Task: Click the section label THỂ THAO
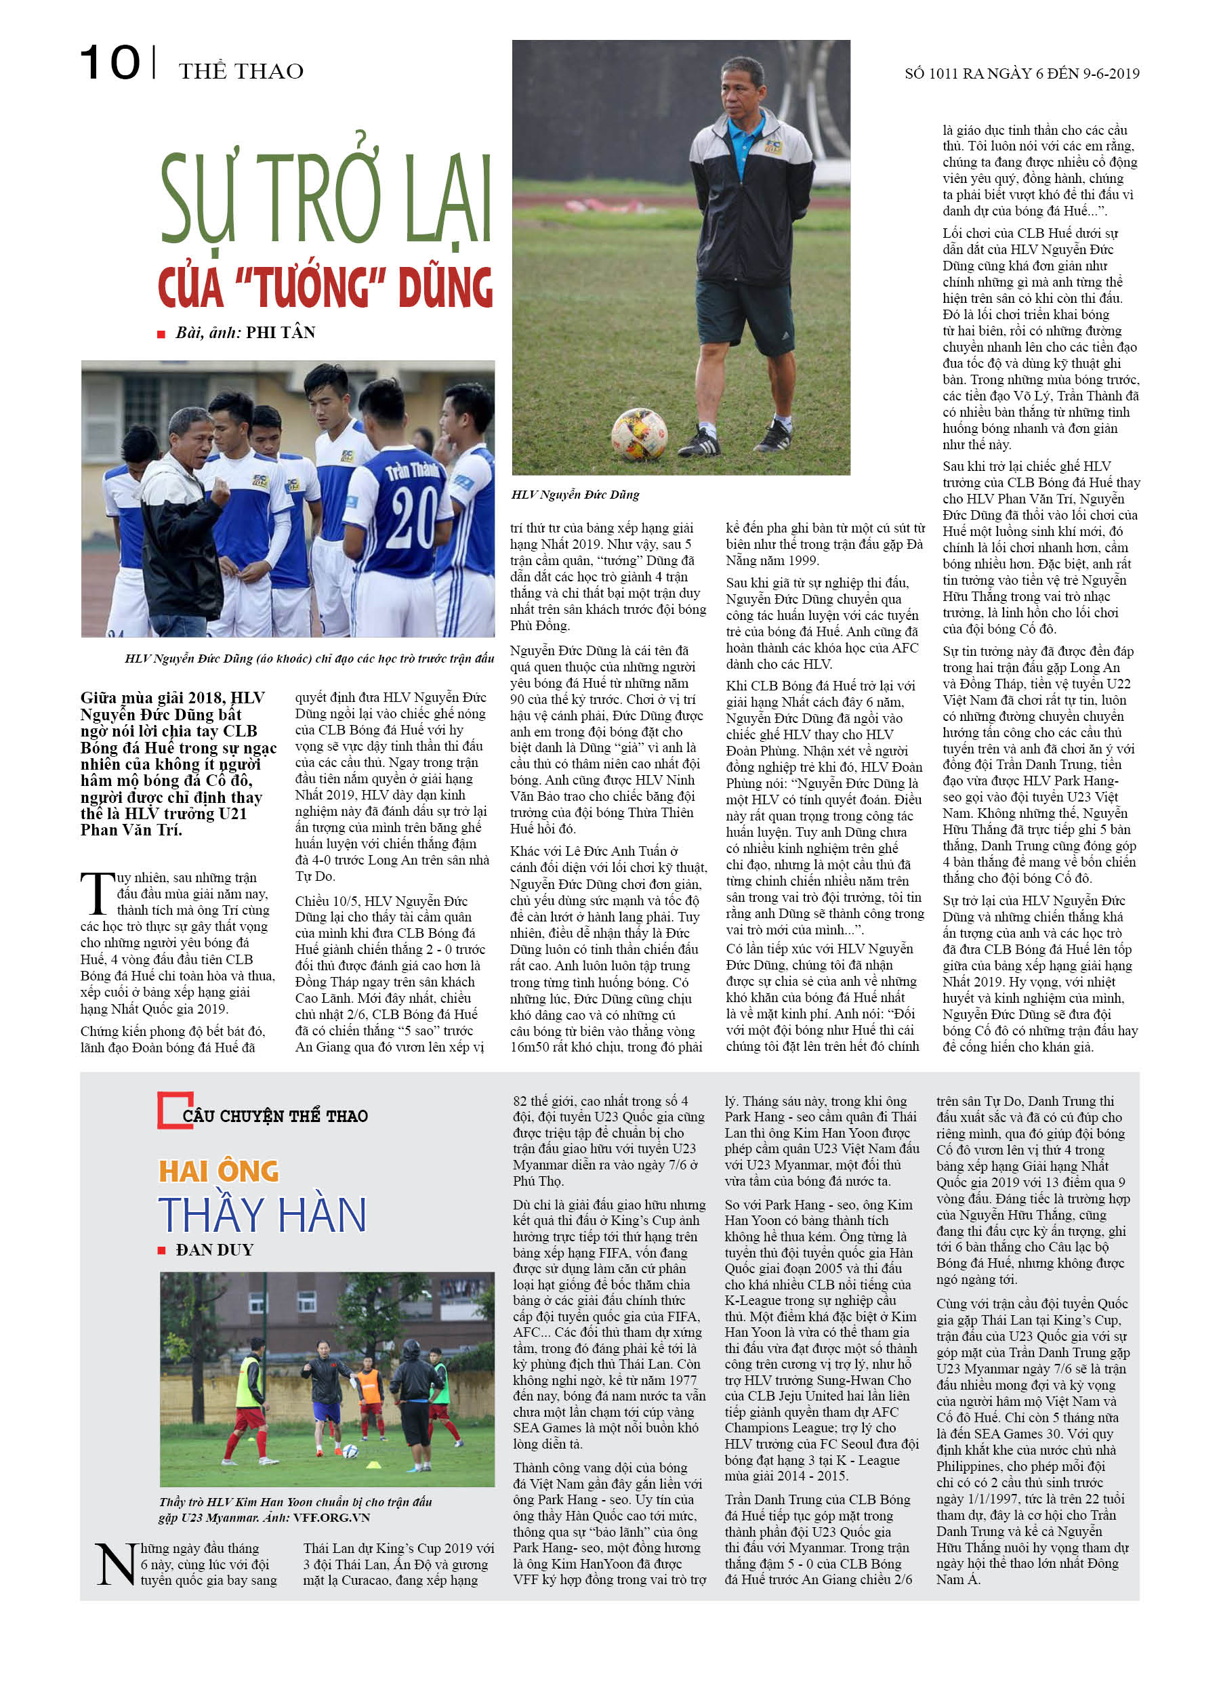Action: click(x=241, y=71)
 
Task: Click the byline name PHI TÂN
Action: click(x=281, y=332)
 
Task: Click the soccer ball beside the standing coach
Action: click(x=638, y=434)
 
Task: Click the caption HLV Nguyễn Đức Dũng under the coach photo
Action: click(x=575, y=495)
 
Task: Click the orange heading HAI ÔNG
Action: click(x=219, y=1171)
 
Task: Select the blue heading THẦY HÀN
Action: click(x=262, y=1215)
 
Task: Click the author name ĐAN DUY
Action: click(x=214, y=1249)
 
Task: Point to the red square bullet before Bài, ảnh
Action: click(x=161, y=334)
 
